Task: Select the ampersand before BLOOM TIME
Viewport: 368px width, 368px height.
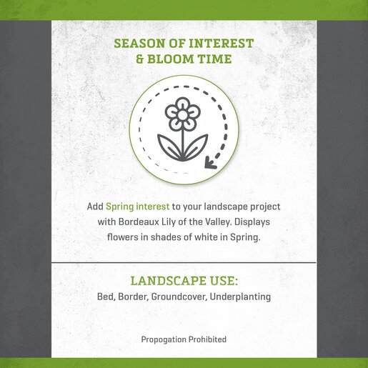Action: click(140, 59)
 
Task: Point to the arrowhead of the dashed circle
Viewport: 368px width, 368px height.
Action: click(210, 163)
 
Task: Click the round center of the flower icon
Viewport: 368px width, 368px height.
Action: click(182, 115)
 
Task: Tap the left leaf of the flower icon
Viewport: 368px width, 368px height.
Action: click(169, 147)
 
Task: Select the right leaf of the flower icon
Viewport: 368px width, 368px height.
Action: click(197, 147)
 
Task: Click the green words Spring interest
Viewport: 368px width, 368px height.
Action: click(138, 207)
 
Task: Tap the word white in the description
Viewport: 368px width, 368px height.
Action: click(206, 237)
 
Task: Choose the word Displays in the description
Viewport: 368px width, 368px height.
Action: click(252, 222)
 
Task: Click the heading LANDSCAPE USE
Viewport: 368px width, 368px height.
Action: click(184, 281)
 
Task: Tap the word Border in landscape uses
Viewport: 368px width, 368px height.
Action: click(134, 297)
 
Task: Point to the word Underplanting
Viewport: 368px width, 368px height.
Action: click(240, 297)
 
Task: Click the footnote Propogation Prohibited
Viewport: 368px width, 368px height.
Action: click(184, 339)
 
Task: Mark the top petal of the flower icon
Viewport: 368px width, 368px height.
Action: click(182, 103)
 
